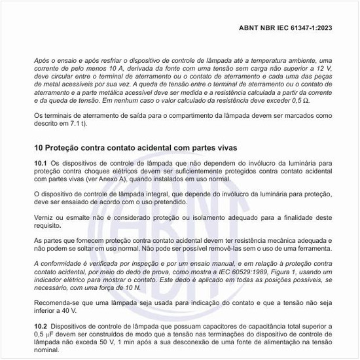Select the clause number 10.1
click(x=41, y=163)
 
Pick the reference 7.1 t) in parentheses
click(x=75, y=124)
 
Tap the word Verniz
click(x=45, y=216)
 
